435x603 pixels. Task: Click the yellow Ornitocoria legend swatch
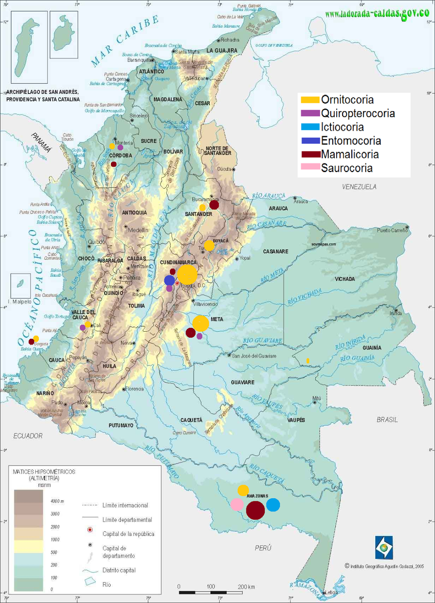310,100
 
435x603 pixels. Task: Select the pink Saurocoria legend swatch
310,167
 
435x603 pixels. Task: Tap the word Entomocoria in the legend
351,141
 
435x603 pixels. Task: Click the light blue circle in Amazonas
273,505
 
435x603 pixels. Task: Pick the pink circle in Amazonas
237,504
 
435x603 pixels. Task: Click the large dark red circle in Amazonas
255,510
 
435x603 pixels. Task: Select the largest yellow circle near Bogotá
187,274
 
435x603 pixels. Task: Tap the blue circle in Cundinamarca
169,280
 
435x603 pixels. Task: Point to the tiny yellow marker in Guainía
308,361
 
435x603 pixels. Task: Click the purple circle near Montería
120,147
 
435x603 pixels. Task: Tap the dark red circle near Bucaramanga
214,205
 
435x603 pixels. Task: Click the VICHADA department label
345,279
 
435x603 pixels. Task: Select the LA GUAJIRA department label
222,51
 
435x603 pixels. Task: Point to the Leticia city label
331,592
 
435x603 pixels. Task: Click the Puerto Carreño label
392,230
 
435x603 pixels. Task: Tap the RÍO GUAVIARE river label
263,341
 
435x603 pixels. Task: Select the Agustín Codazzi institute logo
384,547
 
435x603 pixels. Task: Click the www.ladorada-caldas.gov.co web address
377,14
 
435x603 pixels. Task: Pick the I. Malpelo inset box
20,286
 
